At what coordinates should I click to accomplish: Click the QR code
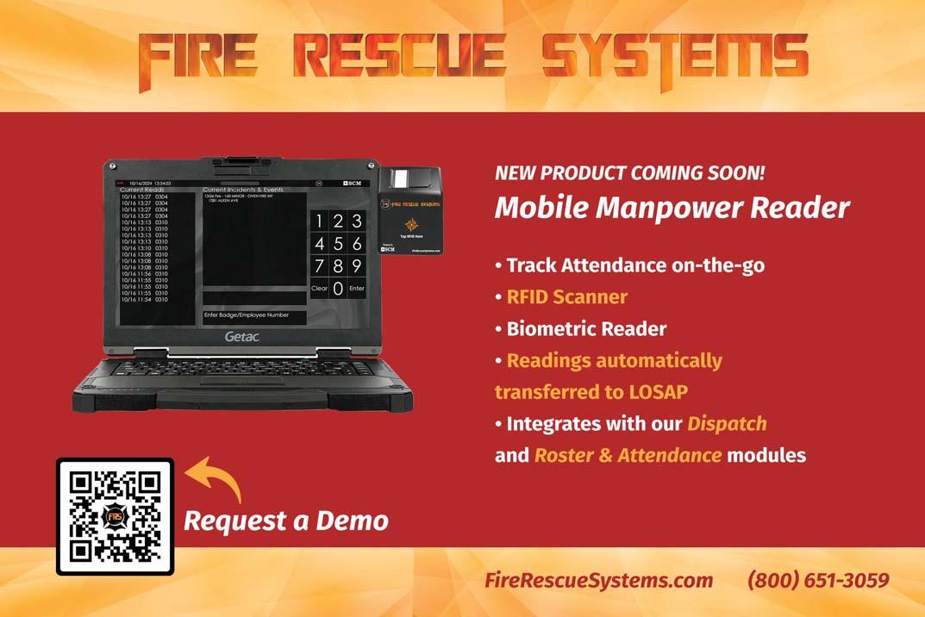coord(115,516)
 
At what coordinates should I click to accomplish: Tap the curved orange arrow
coord(214,478)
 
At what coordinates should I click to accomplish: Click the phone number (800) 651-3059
coord(817,580)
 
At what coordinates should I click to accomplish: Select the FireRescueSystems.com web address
coord(599,580)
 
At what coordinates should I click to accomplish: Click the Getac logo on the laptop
coord(242,336)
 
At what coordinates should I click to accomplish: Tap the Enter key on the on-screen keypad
coord(357,289)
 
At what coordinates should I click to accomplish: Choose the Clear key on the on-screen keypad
coord(319,289)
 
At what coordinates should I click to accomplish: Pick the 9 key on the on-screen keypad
coord(357,265)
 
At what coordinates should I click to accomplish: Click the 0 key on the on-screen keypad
coord(338,289)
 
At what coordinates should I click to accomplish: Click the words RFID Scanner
coord(566,297)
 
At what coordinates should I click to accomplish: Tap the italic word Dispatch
coord(727,424)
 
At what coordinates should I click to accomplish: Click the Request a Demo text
coord(286,521)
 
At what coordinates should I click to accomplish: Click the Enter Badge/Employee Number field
coord(254,317)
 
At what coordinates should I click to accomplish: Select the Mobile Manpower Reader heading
coord(672,208)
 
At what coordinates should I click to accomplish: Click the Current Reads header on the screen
coord(142,190)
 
